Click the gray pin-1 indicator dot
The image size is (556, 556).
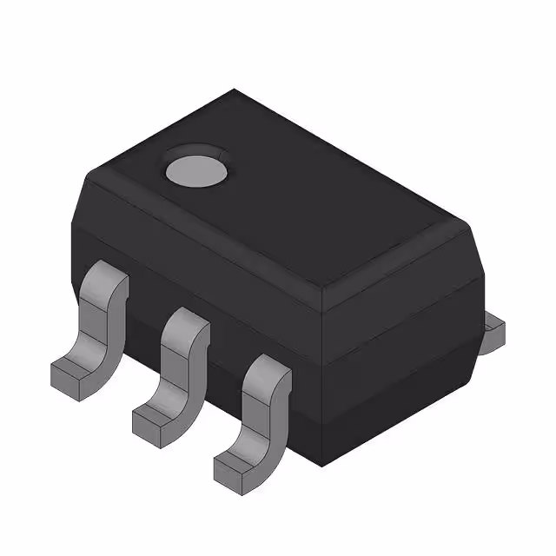coord(197,168)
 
